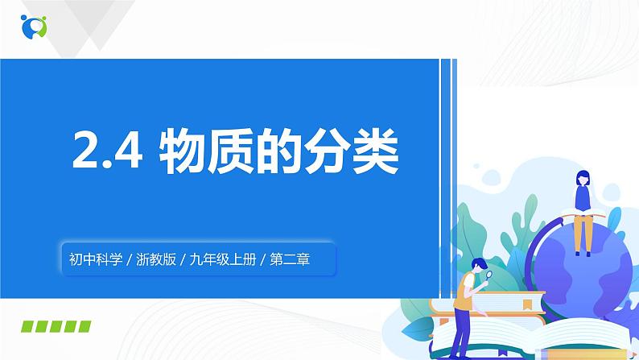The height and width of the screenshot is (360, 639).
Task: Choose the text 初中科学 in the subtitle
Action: (x=93, y=259)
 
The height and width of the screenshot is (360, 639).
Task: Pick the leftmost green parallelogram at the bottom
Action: (x=30, y=326)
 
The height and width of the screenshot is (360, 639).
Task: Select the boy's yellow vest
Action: (x=465, y=290)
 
